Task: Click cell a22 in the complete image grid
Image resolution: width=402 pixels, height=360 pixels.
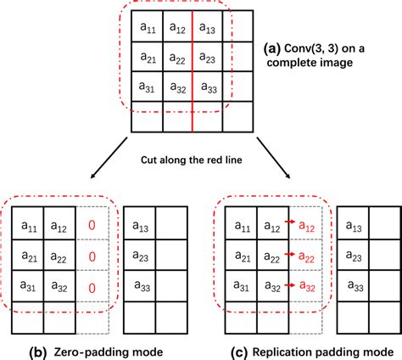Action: [176, 58]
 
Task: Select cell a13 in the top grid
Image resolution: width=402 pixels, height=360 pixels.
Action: [208, 28]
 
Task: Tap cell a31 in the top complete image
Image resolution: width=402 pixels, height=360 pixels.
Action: [146, 87]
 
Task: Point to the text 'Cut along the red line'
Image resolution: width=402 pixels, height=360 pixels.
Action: [200, 159]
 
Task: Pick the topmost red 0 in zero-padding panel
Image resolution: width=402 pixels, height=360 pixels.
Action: [92, 226]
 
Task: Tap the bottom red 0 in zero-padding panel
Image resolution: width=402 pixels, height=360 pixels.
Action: [92, 289]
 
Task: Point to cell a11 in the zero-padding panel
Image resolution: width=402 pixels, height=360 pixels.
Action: [29, 226]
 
